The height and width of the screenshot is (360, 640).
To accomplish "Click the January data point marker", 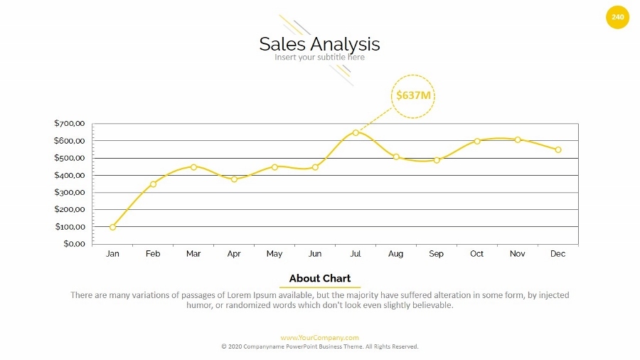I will [112, 227].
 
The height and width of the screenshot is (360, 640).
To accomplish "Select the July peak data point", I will [356, 132].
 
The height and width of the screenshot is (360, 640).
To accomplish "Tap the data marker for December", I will [558, 150].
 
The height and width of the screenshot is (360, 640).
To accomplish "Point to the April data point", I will [234, 179].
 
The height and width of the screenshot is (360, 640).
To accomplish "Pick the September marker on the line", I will [437, 160].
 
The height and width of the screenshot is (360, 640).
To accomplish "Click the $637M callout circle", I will [413, 95].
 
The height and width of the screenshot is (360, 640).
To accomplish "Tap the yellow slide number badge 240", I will [617, 17].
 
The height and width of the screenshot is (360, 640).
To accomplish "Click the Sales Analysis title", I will [319, 44].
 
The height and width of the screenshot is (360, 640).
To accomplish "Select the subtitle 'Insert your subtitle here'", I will [319, 58].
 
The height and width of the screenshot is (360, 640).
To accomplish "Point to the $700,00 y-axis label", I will [69, 123].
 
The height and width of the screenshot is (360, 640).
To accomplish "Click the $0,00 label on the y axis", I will [73, 244].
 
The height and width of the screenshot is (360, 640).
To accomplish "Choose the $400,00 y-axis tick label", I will [69, 175].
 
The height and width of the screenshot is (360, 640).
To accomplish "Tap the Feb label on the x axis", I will [153, 254].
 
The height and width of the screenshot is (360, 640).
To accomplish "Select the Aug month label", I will [396, 254].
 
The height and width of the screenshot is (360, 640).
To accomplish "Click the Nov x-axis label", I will [517, 254].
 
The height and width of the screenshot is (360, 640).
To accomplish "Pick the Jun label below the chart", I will [315, 254].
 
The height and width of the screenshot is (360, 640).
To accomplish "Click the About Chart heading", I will [319, 278].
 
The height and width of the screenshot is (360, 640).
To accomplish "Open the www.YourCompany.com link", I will [319, 338].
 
